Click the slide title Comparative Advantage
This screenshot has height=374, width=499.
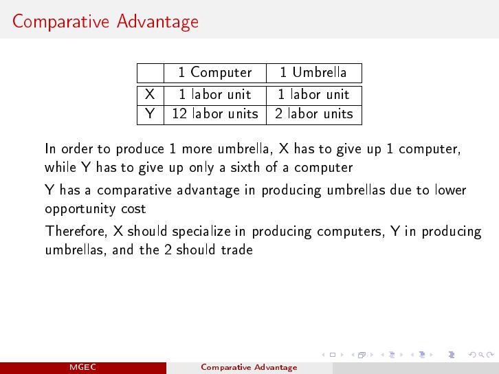pos(105,21)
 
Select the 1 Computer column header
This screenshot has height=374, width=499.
pos(215,72)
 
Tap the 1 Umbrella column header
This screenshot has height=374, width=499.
pos(313,72)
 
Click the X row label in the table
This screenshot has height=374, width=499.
pos(150,95)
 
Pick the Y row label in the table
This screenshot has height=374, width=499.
pos(150,113)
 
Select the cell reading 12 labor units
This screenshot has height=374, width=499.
pos(215,113)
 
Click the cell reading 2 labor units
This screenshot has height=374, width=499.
pos(314,113)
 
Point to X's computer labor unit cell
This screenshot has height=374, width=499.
pos(215,95)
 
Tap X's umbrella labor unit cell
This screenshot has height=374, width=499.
pos(314,95)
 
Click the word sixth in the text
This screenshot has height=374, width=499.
pos(245,167)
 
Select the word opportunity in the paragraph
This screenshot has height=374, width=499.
pos(80,209)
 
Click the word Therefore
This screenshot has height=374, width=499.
pos(76,231)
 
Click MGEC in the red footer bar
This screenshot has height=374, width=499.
pos(82,367)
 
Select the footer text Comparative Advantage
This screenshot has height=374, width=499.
pos(249,367)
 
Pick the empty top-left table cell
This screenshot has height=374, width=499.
pos(151,73)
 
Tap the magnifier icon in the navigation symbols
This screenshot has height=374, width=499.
pos(481,354)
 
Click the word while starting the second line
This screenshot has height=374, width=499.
pos(60,167)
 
